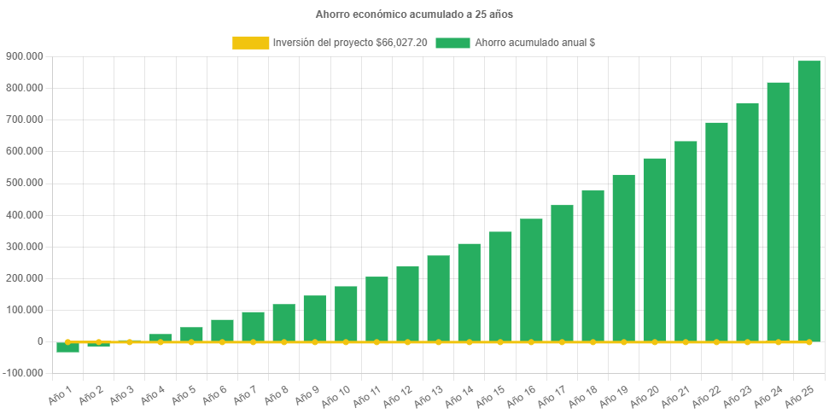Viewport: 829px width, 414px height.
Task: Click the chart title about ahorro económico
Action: (414, 15)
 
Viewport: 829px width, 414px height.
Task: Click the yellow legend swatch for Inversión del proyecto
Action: (250, 43)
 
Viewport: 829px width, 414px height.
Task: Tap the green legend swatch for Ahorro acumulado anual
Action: (452, 43)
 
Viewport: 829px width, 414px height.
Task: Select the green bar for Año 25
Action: (809, 201)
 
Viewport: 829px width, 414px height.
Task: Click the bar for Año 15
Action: (500, 286)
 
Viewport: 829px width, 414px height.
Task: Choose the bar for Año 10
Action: (346, 313)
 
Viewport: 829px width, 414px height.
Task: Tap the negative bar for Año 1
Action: (67, 347)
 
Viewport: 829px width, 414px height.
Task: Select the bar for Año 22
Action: (716, 231)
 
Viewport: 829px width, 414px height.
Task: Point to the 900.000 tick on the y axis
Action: (25, 56)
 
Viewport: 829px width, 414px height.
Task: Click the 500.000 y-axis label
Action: (25, 183)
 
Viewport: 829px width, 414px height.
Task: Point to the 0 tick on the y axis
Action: (40, 341)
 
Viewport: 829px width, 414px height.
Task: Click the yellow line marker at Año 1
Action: (67, 341)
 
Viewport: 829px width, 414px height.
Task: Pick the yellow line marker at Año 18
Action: (593, 341)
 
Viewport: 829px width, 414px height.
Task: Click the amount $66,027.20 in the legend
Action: (401, 43)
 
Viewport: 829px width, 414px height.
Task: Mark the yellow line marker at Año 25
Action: (809, 341)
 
